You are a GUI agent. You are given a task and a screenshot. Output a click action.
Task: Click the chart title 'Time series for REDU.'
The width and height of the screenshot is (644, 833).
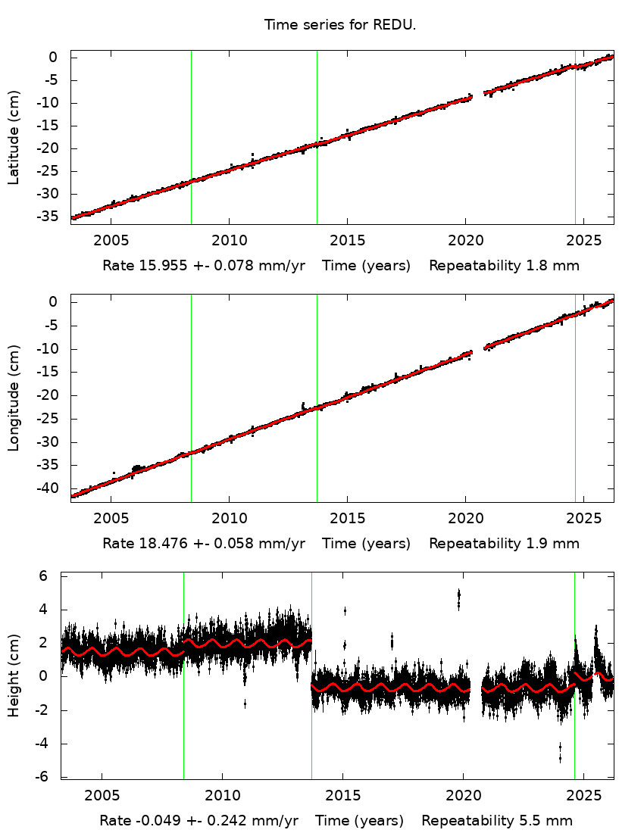(x=340, y=25)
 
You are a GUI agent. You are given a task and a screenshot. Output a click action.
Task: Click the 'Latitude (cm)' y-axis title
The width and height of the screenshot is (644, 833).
(x=14, y=138)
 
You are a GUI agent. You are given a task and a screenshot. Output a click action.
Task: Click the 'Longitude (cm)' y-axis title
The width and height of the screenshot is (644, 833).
(x=14, y=398)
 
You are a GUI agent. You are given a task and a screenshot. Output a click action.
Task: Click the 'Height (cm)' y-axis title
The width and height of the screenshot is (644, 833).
(x=14, y=676)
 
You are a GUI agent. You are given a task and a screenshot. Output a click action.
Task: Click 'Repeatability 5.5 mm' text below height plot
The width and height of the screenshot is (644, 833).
(x=497, y=821)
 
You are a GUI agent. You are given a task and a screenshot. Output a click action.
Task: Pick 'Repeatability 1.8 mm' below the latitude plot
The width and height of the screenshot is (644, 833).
(x=504, y=266)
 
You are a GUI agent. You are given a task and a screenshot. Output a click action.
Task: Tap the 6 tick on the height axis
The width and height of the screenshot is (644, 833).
(x=44, y=576)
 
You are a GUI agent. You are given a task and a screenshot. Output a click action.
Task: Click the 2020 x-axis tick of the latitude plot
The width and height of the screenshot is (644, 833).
(x=465, y=240)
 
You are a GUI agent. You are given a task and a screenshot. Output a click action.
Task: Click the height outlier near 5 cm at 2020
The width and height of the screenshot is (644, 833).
(x=458, y=599)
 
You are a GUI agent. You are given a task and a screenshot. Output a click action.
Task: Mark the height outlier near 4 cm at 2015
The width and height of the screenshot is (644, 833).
(x=345, y=610)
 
